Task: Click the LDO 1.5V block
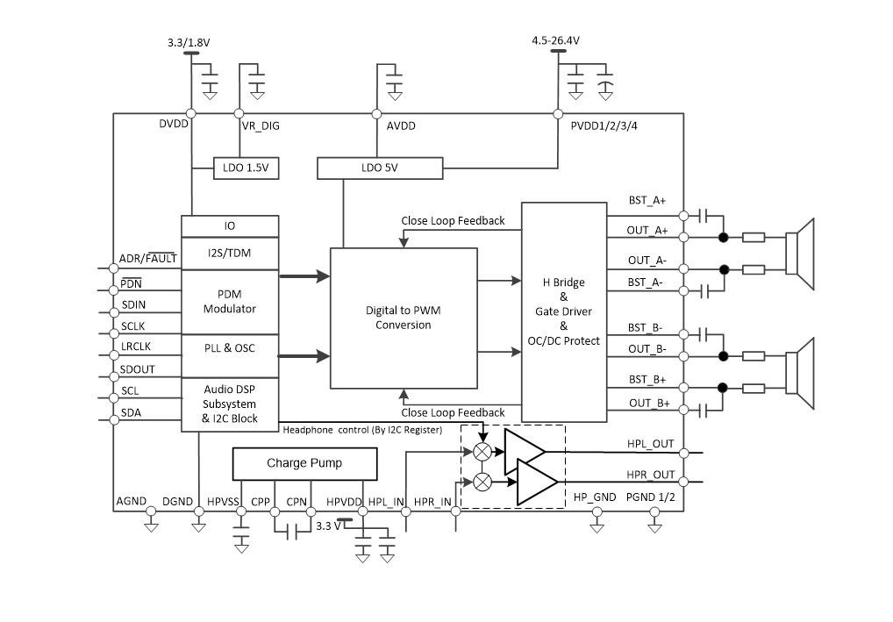[x=246, y=168]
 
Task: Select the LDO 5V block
[x=381, y=168]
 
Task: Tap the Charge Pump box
[x=304, y=463]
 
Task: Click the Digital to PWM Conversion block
[x=404, y=318]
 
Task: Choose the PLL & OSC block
[x=229, y=347]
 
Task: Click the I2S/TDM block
[x=229, y=254]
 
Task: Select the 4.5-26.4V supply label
[x=555, y=40]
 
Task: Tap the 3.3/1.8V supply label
[x=189, y=42]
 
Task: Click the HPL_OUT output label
[x=651, y=444]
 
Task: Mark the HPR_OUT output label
[x=651, y=475]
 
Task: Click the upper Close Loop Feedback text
[x=453, y=220]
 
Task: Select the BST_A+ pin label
[x=647, y=201]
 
